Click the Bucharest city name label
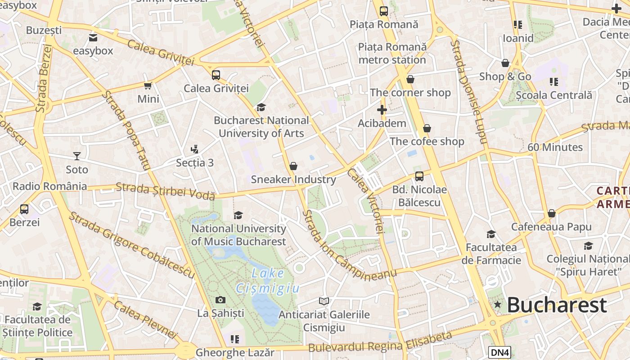pos(557,305)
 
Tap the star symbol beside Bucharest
pos(497,305)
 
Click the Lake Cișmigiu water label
pos(268,281)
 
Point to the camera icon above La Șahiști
pos(220,300)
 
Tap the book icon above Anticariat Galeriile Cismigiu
pos(324,301)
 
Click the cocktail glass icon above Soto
pos(77,156)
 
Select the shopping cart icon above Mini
pos(148,85)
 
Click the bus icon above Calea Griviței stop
pos(216,75)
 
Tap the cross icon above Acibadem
pos(382,110)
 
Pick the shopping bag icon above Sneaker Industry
pos(293,166)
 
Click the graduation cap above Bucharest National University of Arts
pos(261,107)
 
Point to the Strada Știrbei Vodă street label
pos(165,190)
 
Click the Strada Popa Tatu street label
pos(126,130)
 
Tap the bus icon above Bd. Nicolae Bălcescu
pos(419,176)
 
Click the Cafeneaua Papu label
pos(551,227)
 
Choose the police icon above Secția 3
pos(194,149)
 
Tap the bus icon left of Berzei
pos(24,209)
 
